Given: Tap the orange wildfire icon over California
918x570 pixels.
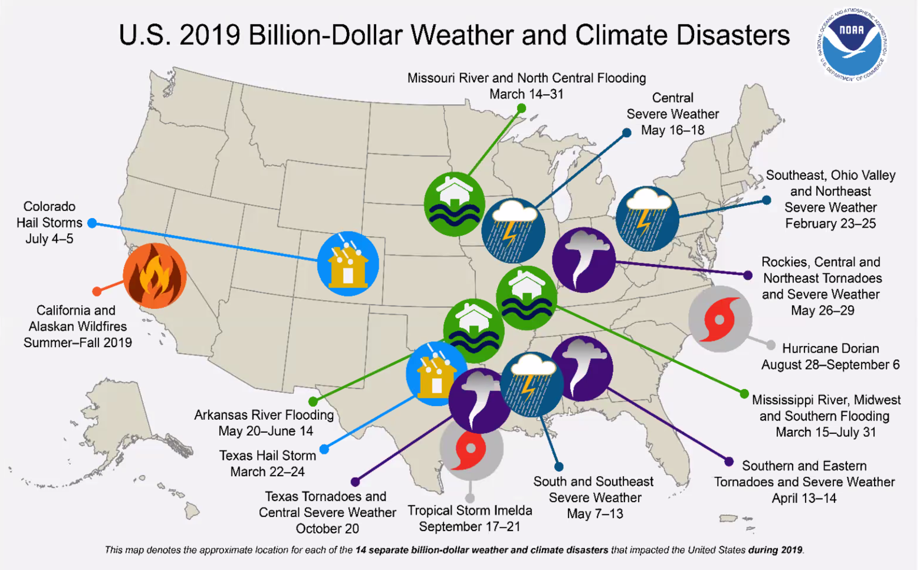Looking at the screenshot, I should coord(155,276).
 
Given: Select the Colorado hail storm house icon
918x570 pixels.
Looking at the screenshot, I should coord(348,264).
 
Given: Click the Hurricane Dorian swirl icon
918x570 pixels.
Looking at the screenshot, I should coord(720,319).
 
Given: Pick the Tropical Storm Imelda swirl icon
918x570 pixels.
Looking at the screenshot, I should coord(471,449).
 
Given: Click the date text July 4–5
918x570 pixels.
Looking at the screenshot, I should coord(50,239).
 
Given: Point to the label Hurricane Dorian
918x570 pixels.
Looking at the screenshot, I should coord(830,348).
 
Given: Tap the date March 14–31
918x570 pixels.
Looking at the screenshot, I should coord(526,94).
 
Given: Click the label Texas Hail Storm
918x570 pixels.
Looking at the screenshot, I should coord(267,455).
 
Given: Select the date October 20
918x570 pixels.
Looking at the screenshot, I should coord(327,529).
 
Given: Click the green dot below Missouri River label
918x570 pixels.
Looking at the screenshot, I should coord(521,109).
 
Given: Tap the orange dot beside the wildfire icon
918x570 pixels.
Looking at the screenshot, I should coord(97,291).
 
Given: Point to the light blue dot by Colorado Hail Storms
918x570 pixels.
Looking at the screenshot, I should coord(92,223).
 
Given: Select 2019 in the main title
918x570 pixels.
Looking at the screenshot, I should coord(210,35).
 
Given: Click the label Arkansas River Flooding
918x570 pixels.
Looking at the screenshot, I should coord(264,415).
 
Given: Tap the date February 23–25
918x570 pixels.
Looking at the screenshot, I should coord(830,224).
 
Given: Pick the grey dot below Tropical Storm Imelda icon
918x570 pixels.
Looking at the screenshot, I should coord(470,498).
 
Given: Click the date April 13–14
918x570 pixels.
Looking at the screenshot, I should coord(804,498).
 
